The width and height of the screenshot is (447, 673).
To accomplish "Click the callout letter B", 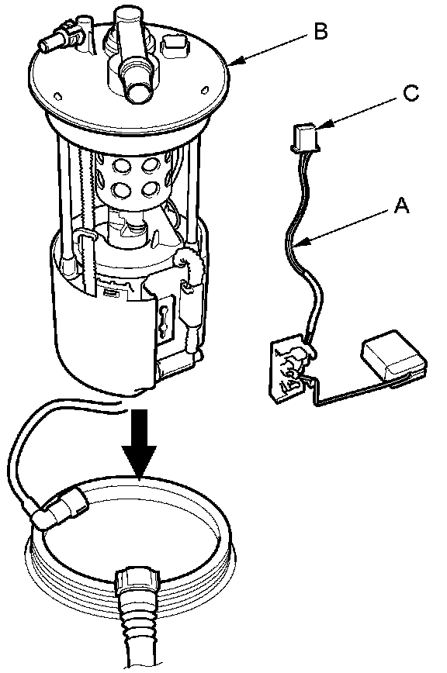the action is click(x=321, y=31).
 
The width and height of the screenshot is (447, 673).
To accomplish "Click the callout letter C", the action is click(x=411, y=93).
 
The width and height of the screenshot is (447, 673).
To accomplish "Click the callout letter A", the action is click(x=401, y=205).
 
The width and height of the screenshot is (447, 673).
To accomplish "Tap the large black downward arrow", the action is click(x=139, y=443).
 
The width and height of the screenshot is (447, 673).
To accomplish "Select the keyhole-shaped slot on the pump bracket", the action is click(x=164, y=318).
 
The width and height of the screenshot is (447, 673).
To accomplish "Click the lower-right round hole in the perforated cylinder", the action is click(x=150, y=189).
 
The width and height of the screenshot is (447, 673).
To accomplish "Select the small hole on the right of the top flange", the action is click(x=205, y=90).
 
